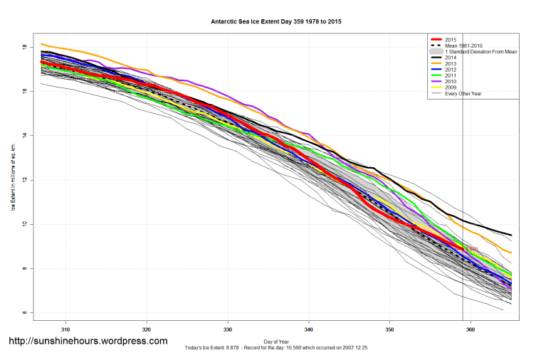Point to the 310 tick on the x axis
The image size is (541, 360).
[65, 329]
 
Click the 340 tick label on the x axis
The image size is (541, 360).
[309, 329]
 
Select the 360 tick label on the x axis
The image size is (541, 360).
[471, 329]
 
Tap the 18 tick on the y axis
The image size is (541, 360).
[24, 47]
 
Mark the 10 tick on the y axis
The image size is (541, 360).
[24, 224]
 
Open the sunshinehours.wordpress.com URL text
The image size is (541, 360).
[88, 342]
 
